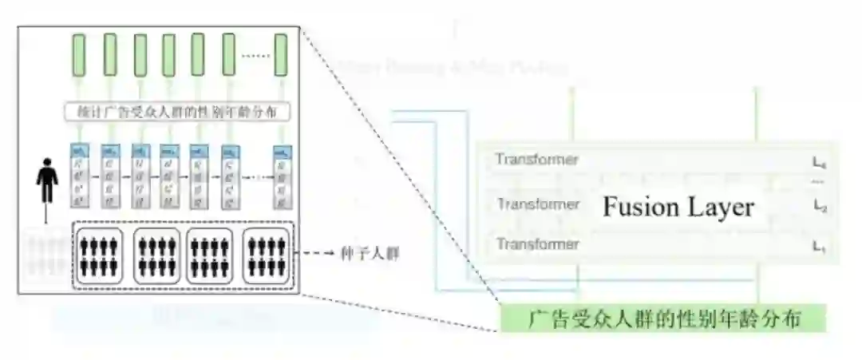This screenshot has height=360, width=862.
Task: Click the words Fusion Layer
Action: coord(678,207)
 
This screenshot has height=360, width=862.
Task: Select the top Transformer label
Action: coord(536,160)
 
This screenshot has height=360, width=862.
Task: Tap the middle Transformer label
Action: coord(538,204)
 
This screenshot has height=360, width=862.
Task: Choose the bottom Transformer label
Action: coord(536,243)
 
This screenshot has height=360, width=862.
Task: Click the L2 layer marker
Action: coord(818,206)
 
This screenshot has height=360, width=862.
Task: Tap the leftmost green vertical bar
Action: coord(80,54)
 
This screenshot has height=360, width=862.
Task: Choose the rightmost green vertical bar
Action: coord(281,54)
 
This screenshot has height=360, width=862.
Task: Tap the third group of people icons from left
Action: coord(210,255)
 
